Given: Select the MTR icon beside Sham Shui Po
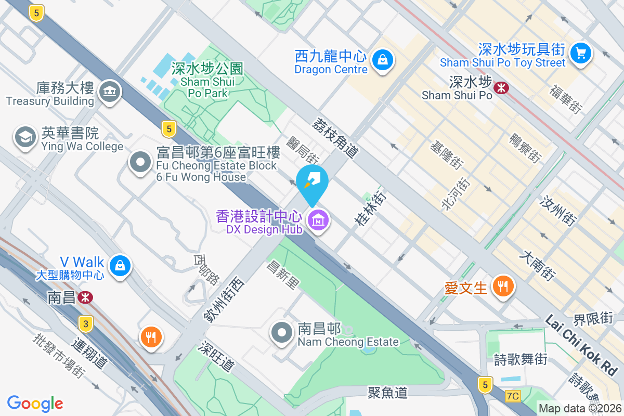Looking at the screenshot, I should (x=501, y=88).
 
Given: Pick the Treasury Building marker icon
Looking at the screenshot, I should (x=109, y=92).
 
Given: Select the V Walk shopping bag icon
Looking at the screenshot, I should (x=120, y=265).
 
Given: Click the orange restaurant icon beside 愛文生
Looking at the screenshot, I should (x=502, y=286).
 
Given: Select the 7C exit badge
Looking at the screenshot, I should (x=512, y=396).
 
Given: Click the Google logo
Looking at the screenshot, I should (x=35, y=403).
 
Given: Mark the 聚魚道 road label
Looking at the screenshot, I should (x=387, y=392).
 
